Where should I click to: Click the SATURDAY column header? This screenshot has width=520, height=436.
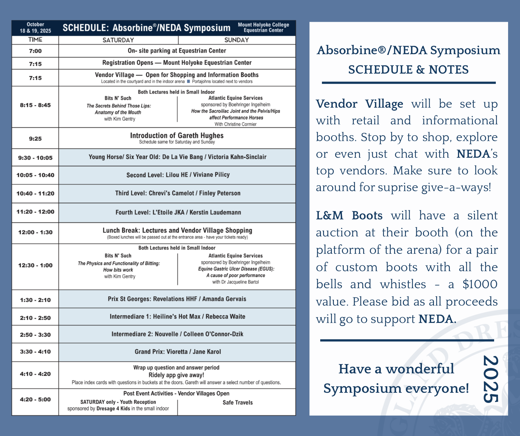coord(118,40)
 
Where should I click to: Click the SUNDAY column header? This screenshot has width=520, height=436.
coord(237,40)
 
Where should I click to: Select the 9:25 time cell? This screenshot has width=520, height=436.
coord(35,139)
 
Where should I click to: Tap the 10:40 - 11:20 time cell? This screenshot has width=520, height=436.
coord(35,193)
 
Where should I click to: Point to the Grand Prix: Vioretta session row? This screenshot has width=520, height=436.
coord(178,352)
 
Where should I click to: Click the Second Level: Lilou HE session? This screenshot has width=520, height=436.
coord(178,175)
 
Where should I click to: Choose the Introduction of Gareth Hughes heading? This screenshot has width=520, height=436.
coord(177,136)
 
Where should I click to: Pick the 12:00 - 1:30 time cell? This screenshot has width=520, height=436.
coord(35,232)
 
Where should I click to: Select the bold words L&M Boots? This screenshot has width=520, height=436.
coord(349,216)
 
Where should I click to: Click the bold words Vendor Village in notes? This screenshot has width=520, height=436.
coord(359,104)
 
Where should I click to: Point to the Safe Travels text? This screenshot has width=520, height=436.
coord(238,403)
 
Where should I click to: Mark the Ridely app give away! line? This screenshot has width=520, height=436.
coord(176,375)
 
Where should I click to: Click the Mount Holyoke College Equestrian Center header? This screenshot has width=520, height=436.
coord(263,28)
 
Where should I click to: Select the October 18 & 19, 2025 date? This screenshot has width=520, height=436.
coord(35,28)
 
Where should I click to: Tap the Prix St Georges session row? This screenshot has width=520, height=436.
coord(177,299)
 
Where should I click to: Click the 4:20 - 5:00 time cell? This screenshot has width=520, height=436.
coord(35,400)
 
